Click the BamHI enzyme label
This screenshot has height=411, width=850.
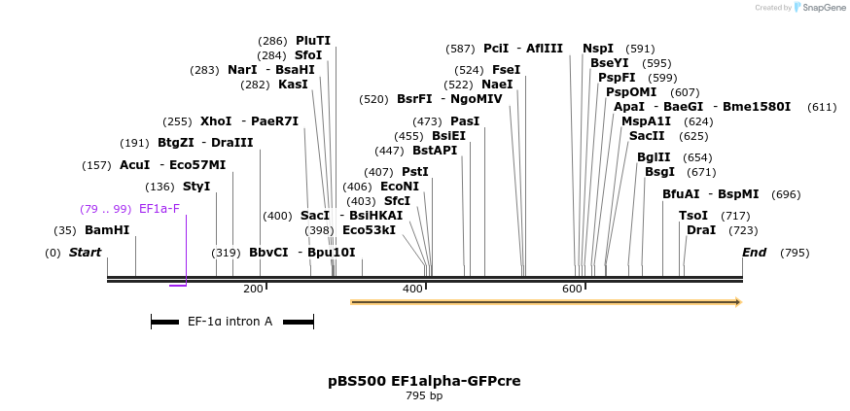tap(107, 230)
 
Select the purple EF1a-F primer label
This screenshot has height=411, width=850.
tap(159, 209)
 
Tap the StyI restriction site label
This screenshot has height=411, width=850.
tap(196, 187)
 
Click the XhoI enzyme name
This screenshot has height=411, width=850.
tap(216, 121)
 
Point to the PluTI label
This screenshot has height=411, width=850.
tap(313, 41)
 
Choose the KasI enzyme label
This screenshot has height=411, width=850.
tap(293, 85)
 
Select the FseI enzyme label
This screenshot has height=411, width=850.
tap(506, 70)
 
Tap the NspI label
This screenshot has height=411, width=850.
tap(598, 49)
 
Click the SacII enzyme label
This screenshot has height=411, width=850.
tap(647, 136)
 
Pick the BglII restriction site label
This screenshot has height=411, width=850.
tap(654, 157)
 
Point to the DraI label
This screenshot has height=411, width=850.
tap(701, 230)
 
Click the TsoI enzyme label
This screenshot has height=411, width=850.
tap(693, 216)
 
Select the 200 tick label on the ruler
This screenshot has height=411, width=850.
tap(253, 289)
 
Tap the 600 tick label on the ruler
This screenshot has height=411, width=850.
tap(572, 289)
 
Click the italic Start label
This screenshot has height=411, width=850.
tap(85, 253)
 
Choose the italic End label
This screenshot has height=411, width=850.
tap(754, 253)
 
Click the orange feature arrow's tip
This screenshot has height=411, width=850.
tap(739, 302)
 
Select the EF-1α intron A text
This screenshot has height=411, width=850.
tap(230, 321)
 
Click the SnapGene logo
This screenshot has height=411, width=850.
tap(817, 8)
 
